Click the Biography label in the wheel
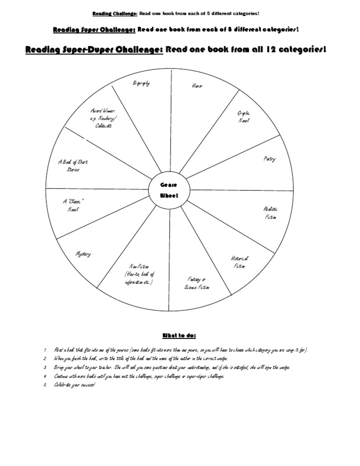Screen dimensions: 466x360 (x=141, y=83)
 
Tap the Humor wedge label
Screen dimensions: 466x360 (x=197, y=86)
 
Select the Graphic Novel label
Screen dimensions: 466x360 (x=244, y=117)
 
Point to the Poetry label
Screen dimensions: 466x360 (x=269, y=159)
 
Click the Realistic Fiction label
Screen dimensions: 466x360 (x=271, y=213)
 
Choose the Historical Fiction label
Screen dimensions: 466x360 (x=240, y=262)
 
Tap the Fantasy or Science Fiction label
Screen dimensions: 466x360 (x=197, y=283)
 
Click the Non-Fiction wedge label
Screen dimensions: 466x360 (x=139, y=274)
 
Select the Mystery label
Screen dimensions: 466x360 (x=83, y=254)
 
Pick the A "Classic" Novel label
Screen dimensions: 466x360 (x=73, y=205)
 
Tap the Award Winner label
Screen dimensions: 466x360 (x=103, y=119)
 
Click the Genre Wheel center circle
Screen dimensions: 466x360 (x=170, y=190)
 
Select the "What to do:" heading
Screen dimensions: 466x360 (x=179, y=335)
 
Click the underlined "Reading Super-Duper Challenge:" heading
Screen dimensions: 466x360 (x=94, y=50)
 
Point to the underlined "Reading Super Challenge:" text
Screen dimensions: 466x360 (x=95, y=30)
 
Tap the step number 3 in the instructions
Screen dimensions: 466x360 (x=45, y=368)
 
